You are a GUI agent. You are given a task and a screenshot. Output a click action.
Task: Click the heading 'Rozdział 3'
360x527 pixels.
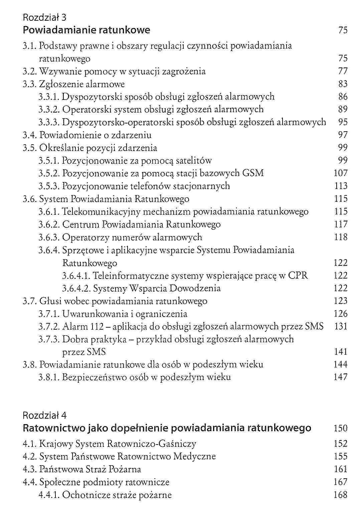pyautogui.click(x=44, y=17)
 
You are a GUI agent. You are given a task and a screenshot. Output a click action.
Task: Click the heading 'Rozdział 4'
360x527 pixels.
pyautogui.click(x=44, y=415)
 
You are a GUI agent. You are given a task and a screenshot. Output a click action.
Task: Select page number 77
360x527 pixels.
pyautogui.click(x=343, y=71)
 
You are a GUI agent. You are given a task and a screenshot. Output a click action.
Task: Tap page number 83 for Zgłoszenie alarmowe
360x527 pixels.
pyautogui.click(x=343, y=84)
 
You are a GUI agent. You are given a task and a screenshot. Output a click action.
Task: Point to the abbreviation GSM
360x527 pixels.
pyautogui.click(x=253, y=173)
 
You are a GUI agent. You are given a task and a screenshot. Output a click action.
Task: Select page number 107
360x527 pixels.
pyautogui.click(x=341, y=173)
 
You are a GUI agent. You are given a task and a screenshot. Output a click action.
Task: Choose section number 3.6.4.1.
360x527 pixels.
pyautogui.click(x=76, y=276)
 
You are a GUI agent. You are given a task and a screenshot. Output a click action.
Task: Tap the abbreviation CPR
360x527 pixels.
pyautogui.click(x=298, y=276)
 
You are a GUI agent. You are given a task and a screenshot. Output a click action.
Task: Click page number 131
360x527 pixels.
pyautogui.click(x=341, y=326)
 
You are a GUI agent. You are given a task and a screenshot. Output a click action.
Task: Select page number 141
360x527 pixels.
pyautogui.click(x=341, y=352)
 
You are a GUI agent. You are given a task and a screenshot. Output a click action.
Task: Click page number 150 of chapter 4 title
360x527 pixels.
pyautogui.click(x=341, y=428)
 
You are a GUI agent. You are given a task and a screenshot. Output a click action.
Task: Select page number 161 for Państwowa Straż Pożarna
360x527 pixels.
pyautogui.click(x=341, y=469)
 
